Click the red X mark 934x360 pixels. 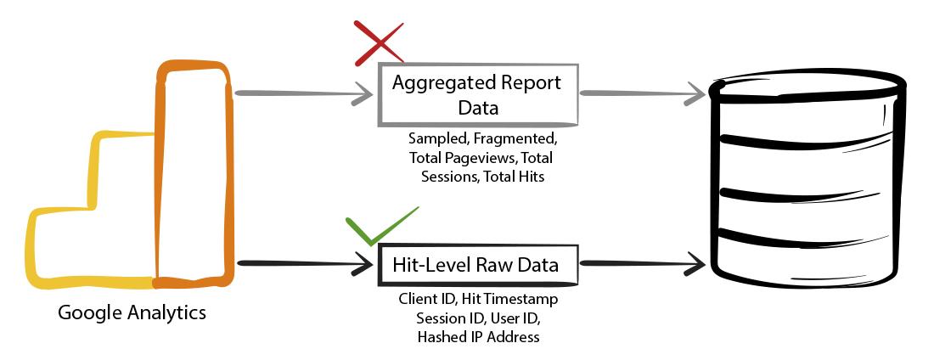tap(380, 43)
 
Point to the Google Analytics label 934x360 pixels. tap(132, 313)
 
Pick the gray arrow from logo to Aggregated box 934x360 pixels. tap(303, 95)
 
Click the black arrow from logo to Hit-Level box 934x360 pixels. tap(303, 263)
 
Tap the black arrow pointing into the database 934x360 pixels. tap(642, 262)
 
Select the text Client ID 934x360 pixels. tap(424, 299)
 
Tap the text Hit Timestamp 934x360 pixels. tap(506, 299)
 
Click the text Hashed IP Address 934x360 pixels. tap(478, 337)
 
